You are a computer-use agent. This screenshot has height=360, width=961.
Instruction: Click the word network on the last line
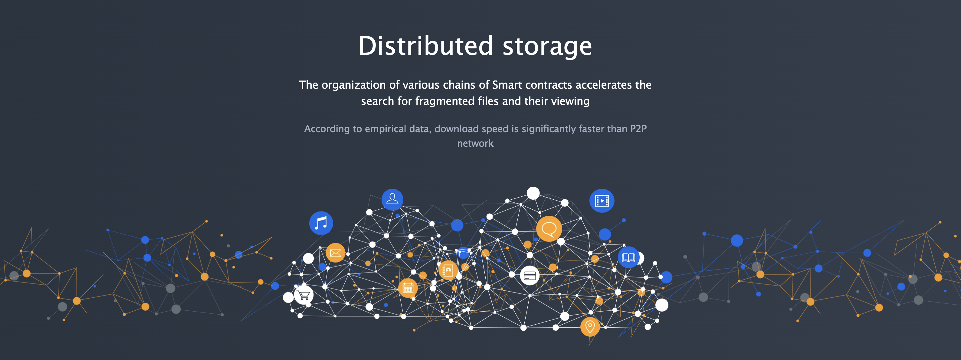point(475,143)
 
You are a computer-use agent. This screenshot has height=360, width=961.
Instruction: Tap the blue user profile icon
point(392,199)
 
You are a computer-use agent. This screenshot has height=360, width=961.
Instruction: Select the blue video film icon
point(602,201)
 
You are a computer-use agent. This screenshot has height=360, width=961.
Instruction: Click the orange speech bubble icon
point(549,229)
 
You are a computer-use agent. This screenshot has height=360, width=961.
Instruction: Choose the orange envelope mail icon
point(335,253)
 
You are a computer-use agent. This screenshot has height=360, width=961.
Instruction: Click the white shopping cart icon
point(304,295)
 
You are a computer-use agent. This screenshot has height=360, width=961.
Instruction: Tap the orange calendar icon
point(408,288)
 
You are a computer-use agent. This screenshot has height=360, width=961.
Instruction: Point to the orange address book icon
point(448,270)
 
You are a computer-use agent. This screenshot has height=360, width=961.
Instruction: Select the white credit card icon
point(530,276)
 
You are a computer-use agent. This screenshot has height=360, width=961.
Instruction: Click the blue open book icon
point(628,257)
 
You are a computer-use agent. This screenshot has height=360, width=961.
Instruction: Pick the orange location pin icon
point(590,327)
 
